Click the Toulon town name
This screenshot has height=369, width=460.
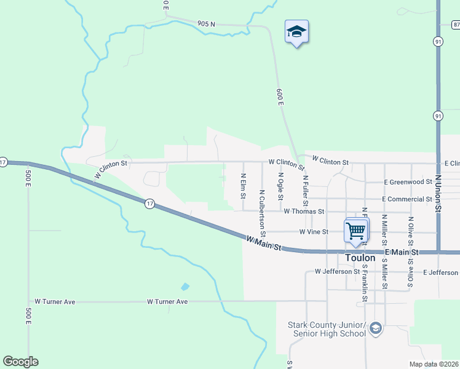coord(359,259)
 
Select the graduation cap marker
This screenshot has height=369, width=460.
coord(296,32)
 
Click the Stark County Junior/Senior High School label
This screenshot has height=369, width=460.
coord(327,329)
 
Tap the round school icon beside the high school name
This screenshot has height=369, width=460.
coord(376,329)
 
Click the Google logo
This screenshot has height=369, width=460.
coord(20,362)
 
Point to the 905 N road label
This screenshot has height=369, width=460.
coord(206,23)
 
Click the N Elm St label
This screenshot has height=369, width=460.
coord(244,186)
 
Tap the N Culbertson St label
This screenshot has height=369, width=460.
coord(262,213)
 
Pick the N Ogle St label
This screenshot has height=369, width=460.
coord(280,186)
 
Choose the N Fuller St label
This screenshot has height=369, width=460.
coord(305,191)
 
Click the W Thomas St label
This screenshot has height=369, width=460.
coord(304,211)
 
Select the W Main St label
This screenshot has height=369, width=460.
coord(263,244)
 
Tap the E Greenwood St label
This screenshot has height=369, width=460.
coord(408,182)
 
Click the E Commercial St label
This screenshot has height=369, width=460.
coord(406,199)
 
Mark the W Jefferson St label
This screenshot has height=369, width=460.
coord(337,271)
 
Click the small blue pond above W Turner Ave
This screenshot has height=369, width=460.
coord(185,287)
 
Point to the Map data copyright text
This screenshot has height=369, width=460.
coord(434,364)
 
